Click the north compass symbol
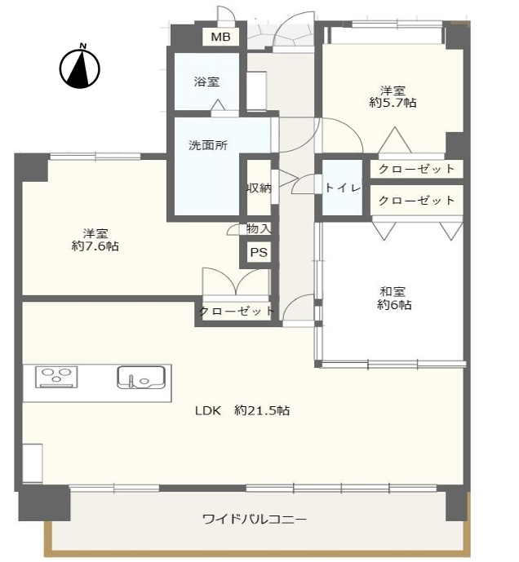point(80,67)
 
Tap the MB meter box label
point(220,37)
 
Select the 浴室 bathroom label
point(206,82)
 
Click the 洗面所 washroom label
point(208,145)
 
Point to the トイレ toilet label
point(343,188)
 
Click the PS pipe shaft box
point(259,252)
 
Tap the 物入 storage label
point(258,228)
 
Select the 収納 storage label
point(259,188)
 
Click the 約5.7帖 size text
point(393,103)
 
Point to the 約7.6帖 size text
point(95,246)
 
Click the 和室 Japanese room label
point(393,291)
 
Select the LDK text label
point(208,410)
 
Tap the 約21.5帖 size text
point(262,410)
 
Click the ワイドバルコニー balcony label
point(255,519)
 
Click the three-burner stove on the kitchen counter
point(56,377)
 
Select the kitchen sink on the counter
point(141,377)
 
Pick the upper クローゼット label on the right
point(416,169)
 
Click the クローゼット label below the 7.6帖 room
point(237,311)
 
